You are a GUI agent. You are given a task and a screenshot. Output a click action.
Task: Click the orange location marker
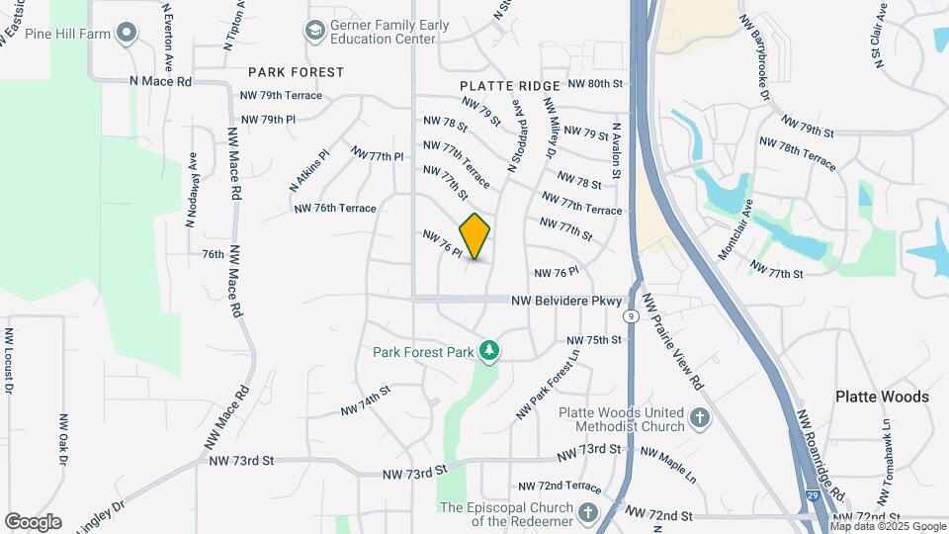475,236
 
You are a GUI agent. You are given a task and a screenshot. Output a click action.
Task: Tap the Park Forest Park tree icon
487,351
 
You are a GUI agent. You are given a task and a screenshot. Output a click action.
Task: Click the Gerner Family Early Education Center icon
316,32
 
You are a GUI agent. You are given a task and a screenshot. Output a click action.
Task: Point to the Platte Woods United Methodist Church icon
700,419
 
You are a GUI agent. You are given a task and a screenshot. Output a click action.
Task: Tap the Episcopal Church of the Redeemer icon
588,512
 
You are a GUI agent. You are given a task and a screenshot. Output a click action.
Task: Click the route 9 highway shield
630,316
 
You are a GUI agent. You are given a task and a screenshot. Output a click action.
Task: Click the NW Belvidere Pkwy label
566,301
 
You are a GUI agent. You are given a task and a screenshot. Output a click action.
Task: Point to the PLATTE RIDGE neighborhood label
510,87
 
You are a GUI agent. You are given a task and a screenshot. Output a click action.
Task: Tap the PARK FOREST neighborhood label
296,72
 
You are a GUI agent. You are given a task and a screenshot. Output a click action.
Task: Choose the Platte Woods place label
882,397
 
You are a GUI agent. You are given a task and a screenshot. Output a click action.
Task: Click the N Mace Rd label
160,81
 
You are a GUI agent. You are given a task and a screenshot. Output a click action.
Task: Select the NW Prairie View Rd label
671,340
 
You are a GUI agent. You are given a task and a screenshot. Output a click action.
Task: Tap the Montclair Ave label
735,232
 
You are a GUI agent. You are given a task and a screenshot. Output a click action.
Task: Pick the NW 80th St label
598,85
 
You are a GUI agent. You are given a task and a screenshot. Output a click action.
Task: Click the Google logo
33,521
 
